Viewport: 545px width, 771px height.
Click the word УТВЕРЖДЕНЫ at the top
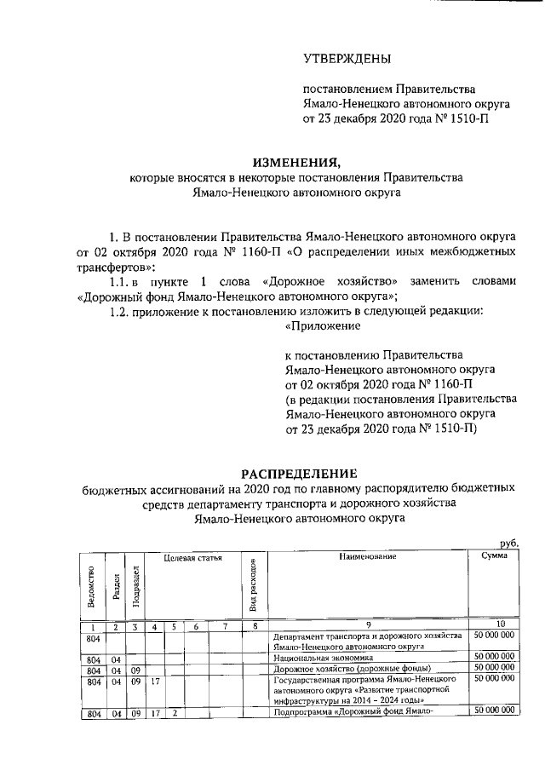[348, 59]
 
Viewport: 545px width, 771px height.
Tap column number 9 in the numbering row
[367, 627]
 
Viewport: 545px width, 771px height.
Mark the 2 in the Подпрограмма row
[175, 711]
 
